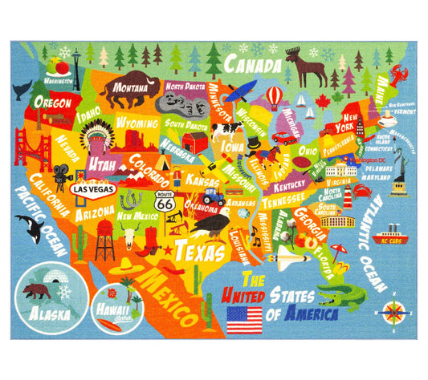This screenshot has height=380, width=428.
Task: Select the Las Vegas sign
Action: tap(92, 190)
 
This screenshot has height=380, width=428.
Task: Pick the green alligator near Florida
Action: tap(342, 297)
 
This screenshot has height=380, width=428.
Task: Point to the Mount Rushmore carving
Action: tap(181, 102)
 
